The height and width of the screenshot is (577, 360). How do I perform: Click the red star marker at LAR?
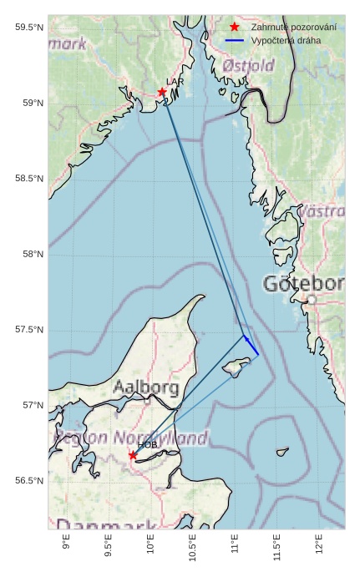[162, 92]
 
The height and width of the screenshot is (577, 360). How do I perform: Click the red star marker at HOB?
[133, 455]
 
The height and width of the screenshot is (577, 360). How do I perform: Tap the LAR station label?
[175, 82]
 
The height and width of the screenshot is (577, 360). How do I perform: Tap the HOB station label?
[147, 445]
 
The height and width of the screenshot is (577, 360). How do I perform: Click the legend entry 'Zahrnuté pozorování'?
[287, 27]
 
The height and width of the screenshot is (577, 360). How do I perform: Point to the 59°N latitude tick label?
[29, 103]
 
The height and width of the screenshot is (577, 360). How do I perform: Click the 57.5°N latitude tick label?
[29, 330]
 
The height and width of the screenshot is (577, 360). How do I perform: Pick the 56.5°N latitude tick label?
[29, 481]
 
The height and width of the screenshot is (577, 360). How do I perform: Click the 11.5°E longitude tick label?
[277, 547]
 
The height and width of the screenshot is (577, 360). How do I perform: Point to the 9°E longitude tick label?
[67, 544]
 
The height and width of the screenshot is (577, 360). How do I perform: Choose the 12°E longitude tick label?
[319, 544]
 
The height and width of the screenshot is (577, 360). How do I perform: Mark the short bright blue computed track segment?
[251, 345]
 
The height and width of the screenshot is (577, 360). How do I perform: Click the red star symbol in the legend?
[235, 27]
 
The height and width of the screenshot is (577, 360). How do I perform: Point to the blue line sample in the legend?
[235, 40]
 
